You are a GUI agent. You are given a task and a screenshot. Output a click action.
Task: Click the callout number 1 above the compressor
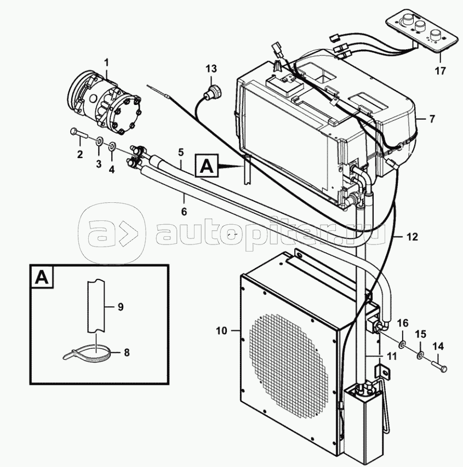pos(106,62)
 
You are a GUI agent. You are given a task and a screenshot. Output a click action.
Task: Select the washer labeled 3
pos(99,141)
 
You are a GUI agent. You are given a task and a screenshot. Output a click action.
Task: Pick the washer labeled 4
pos(112,146)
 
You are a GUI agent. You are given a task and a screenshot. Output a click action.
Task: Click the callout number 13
pos(211,68)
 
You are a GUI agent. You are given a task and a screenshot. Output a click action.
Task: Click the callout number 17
pos(441,71)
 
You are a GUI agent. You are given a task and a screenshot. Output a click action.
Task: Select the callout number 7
pos(432,119)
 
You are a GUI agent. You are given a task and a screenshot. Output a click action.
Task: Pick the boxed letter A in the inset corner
pos(42,277)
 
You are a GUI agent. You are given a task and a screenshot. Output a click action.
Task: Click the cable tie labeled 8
pos(88,353)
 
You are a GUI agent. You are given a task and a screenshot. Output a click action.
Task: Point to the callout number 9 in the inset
pos(121,306)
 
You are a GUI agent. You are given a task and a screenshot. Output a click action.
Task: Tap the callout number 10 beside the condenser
pos(221,331)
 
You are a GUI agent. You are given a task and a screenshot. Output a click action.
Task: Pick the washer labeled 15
pos(420,355)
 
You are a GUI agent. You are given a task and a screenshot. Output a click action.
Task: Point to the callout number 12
pos(412,237)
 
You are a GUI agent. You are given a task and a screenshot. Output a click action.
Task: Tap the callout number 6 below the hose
pos(184,212)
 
